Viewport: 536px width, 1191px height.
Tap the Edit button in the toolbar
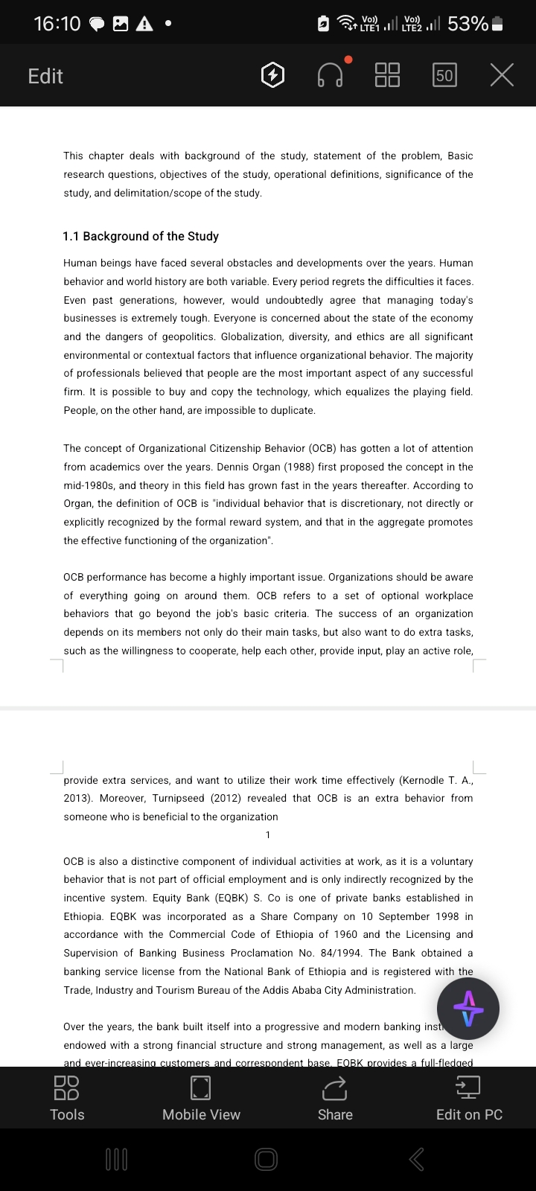pos(45,76)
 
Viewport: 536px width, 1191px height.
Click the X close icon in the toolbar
pos(502,75)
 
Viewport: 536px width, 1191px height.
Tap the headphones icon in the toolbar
pos(331,75)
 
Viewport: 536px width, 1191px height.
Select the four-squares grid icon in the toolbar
pos(387,75)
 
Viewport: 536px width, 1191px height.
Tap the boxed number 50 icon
pos(444,75)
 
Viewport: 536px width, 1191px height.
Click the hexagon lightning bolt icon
pos(273,75)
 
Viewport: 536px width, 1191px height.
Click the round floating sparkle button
pos(468,1009)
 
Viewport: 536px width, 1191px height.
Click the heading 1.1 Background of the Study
pos(141,236)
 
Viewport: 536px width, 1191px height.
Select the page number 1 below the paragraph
pos(268,834)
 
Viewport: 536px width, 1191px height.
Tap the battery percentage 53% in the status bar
pos(468,24)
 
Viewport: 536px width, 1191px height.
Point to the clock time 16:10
pos(57,24)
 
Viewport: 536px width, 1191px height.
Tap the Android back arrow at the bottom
pos(417,1159)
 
